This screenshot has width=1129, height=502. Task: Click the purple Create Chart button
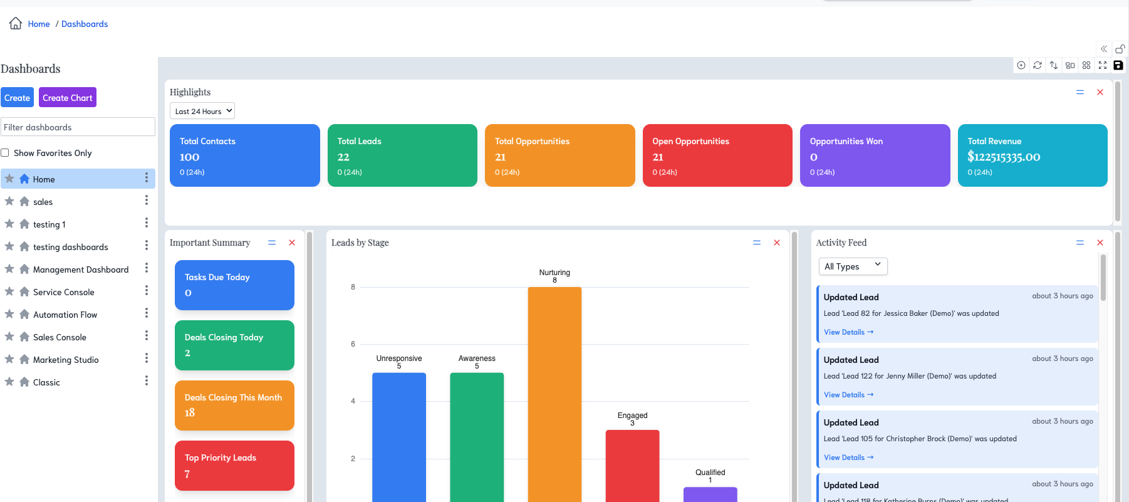tap(68, 98)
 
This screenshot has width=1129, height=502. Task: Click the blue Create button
tap(17, 98)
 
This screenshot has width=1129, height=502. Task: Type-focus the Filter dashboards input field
tap(78, 127)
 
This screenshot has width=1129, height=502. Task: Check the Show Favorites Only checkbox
tap(5, 153)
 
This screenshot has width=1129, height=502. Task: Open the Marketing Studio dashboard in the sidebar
tap(66, 360)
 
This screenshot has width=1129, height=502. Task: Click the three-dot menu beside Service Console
tap(147, 291)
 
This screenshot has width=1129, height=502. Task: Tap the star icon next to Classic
tap(9, 382)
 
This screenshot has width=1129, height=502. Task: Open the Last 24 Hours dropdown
tap(202, 111)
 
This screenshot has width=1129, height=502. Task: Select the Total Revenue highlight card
tap(1032, 155)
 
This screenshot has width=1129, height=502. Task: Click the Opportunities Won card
tap(875, 155)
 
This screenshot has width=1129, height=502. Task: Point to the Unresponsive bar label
tap(399, 358)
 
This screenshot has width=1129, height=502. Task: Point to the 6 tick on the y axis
tap(353, 344)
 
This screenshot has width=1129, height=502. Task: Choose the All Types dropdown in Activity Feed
tap(853, 266)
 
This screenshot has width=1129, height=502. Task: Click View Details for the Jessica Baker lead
tap(848, 332)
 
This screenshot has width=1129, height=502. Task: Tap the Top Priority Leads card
tap(234, 466)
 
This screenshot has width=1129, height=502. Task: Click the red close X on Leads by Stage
tap(777, 243)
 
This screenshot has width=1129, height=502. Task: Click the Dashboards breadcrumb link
tap(85, 24)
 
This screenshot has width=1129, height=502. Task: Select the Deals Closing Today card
tap(234, 345)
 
